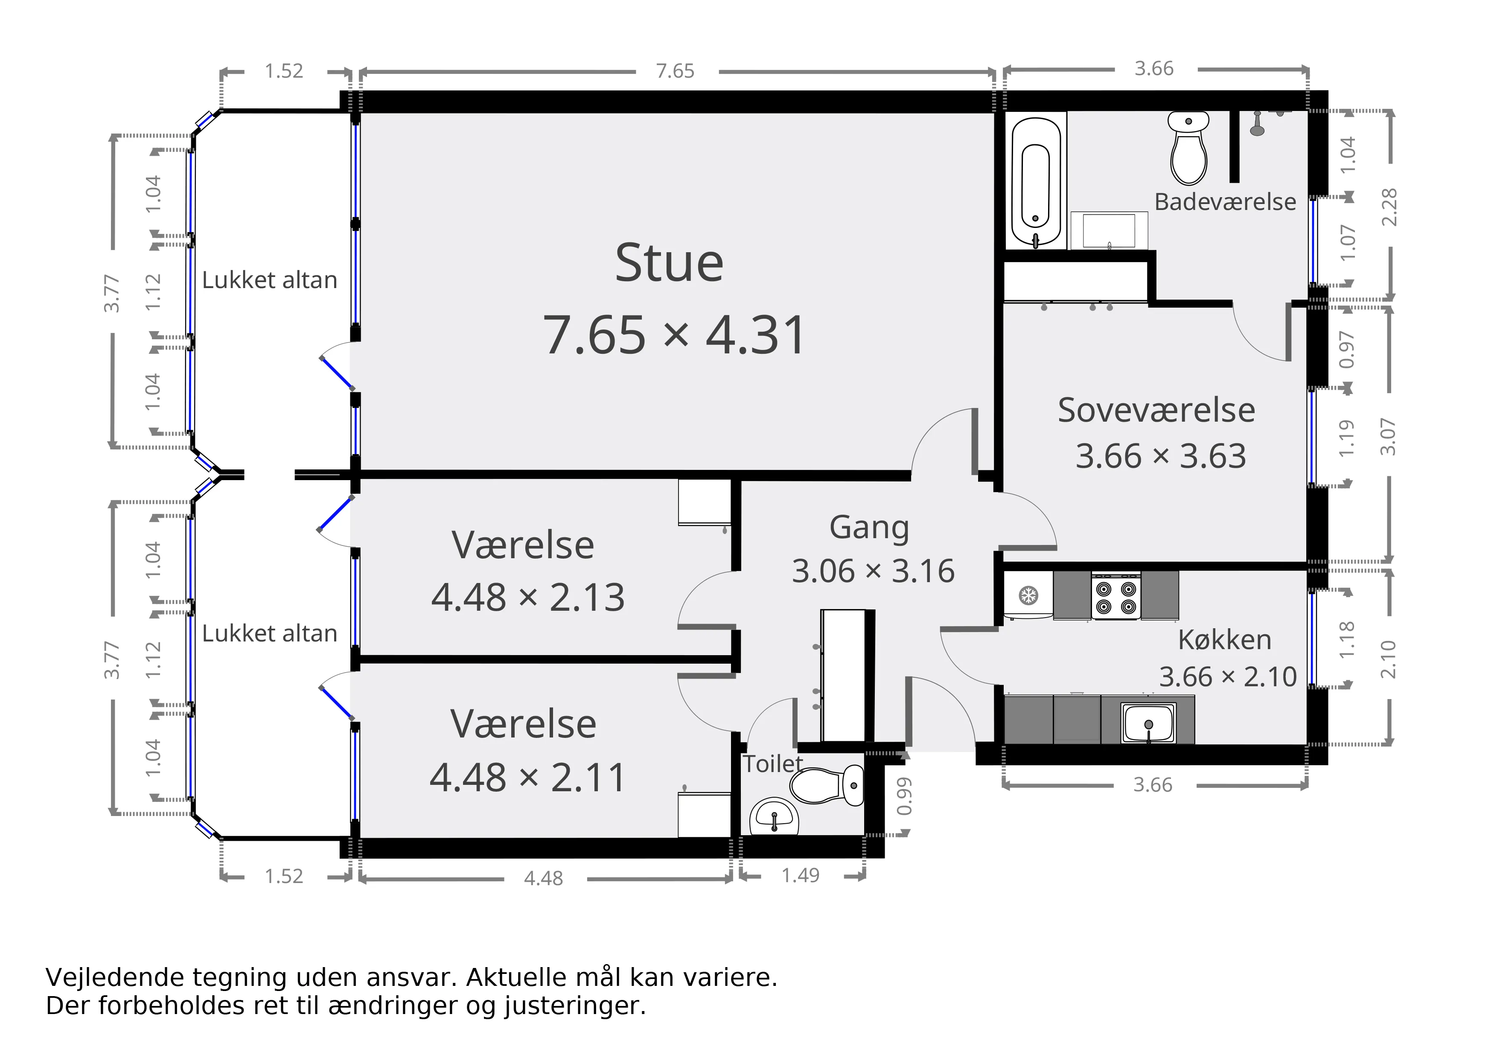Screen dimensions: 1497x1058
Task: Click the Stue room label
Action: coord(669,263)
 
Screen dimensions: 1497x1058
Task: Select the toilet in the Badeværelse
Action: coord(1188,148)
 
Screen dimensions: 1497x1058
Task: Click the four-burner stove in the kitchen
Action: coord(1115,596)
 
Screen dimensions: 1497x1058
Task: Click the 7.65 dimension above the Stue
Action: coord(676,70)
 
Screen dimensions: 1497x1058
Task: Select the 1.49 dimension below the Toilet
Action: coord(801,875)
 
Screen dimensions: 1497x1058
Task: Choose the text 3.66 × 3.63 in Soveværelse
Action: coord(1161,456)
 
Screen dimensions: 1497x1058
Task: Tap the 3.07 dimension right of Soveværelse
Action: coord(1389,437)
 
